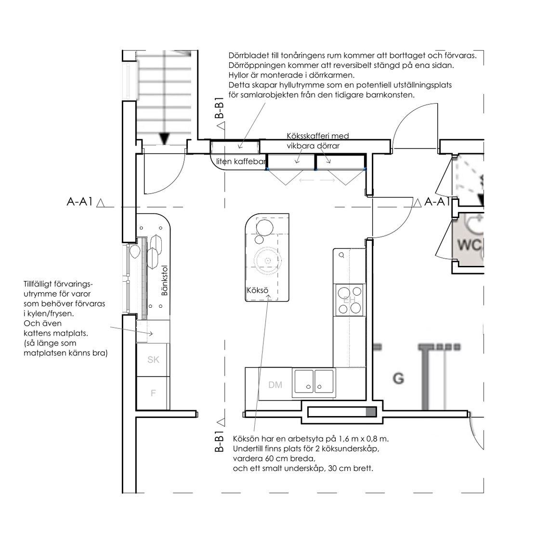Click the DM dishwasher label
275,385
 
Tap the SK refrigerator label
153,360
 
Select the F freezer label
153,393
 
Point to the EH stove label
350,300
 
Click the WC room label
470,245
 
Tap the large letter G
398,379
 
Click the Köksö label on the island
257,290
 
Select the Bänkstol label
165,280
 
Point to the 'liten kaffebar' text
241,161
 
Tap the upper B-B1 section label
219,108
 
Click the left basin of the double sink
304,381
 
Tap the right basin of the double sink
324,381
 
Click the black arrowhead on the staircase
164,139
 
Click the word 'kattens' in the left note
38,333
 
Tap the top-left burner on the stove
344,292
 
